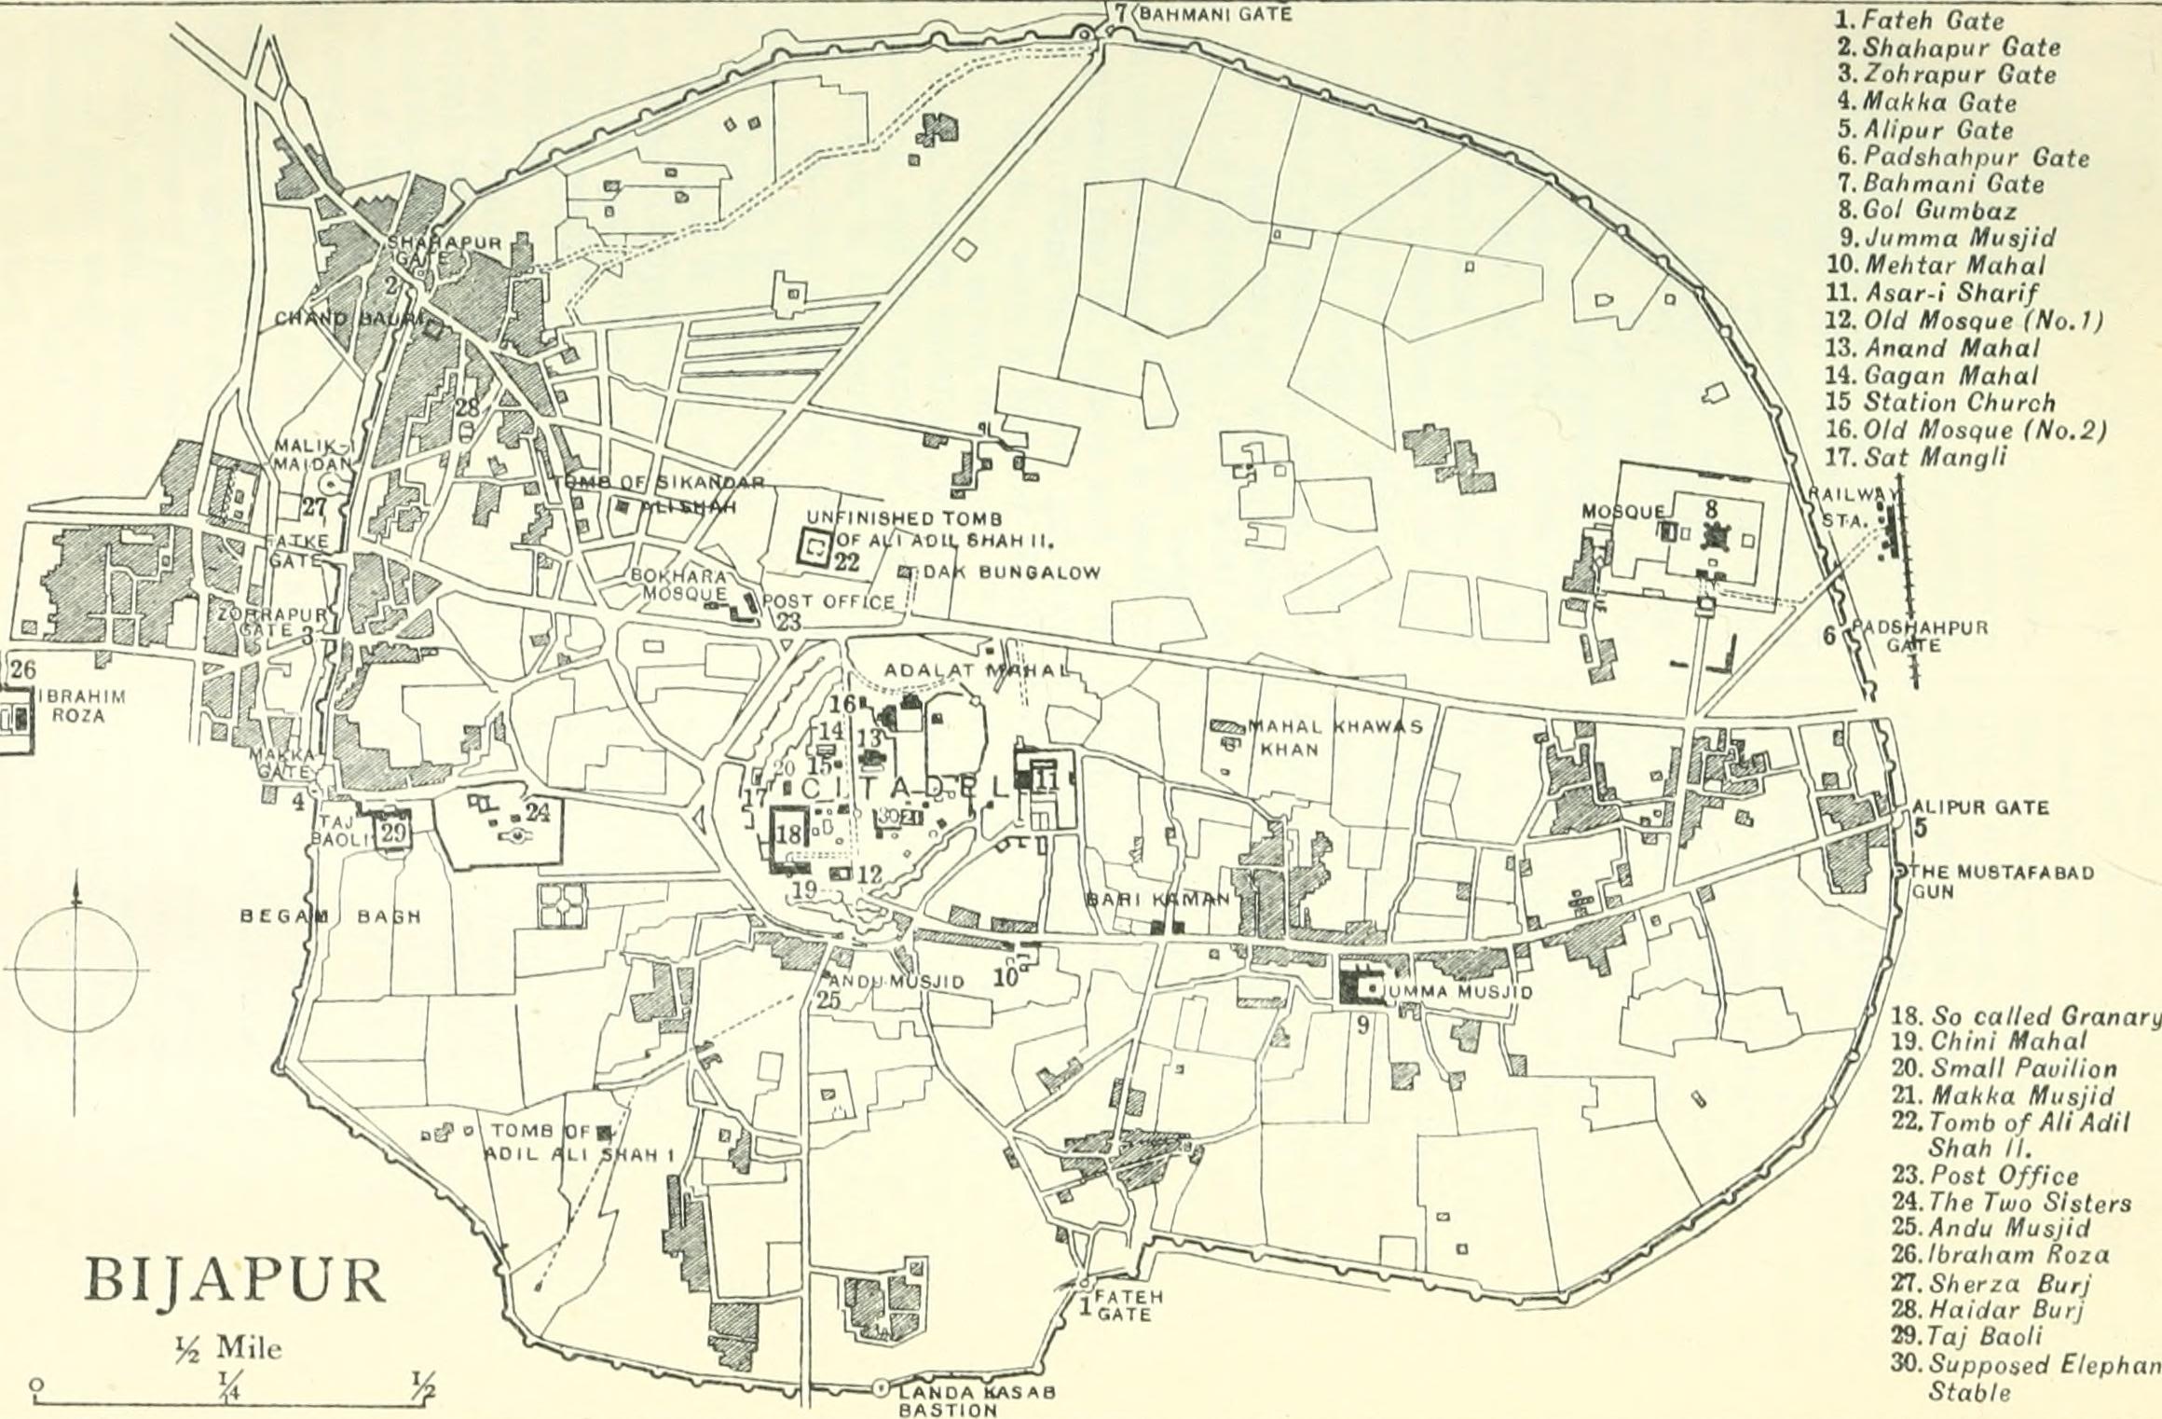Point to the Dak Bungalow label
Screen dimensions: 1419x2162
1012,572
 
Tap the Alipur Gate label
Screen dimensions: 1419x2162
1980,807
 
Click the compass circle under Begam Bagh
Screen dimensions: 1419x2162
77,969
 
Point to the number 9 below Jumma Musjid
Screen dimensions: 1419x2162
1362,1026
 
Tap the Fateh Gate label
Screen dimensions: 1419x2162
1129,1305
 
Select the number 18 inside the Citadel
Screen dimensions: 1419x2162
788,833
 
